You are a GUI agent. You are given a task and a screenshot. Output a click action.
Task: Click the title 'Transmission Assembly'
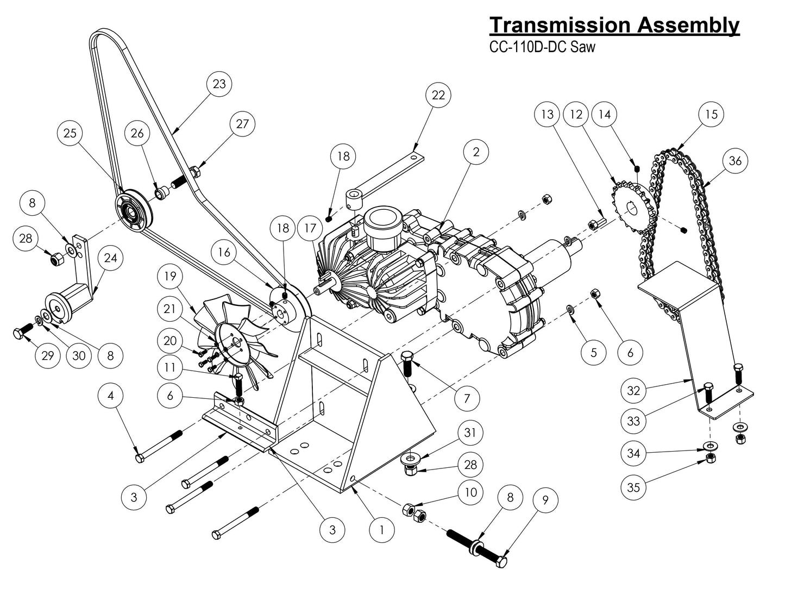click(614, 25)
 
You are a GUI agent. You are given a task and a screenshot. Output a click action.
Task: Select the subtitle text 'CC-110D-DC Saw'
click(542, 47)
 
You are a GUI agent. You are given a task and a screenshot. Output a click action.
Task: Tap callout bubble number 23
click(219, 84)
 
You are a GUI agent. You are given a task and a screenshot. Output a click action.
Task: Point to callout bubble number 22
click(438, 95)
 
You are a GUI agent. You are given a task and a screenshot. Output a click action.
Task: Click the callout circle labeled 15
click(711, 114)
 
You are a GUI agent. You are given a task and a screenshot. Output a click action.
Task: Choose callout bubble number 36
click(735, 161)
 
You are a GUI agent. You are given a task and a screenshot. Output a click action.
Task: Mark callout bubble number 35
click(633, 487)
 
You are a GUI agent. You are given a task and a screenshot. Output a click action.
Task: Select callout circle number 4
click(111, 396)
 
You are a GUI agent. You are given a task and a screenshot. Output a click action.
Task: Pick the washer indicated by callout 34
click(709, 446)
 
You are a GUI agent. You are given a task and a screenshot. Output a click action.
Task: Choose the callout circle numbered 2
click(476, 152)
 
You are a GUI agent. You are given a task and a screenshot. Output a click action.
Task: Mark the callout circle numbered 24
click(110, 258)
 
